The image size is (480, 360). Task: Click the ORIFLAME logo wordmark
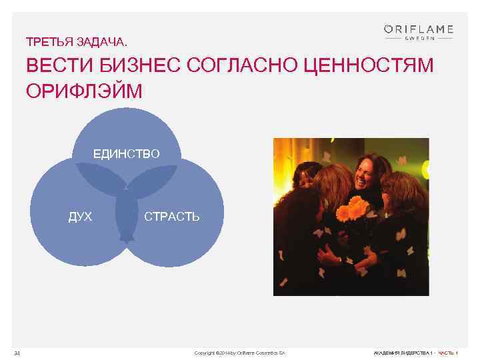click(x=418, y=29)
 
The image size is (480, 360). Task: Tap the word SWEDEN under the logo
click(x=418, y=39)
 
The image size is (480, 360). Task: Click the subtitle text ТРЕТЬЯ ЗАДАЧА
click(x=75, y=42)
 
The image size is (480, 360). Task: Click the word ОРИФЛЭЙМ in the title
click(x=84, y=91)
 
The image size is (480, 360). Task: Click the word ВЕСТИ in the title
click(x=55, y=67)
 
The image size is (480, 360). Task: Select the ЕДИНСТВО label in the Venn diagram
click(x=126, y=154)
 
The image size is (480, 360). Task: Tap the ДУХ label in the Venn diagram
click(x=80, y=217)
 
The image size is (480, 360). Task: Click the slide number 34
click(x=17, y=353)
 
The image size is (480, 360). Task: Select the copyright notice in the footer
click(x=239, y=353)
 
